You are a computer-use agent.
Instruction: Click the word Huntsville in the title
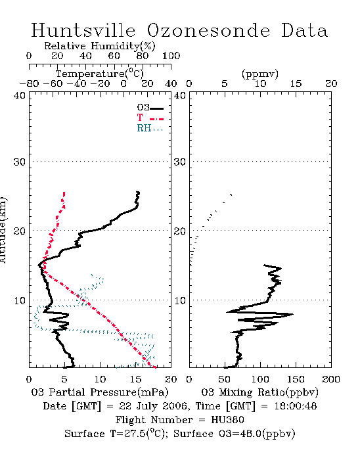83,30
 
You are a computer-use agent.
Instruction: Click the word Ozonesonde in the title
208,30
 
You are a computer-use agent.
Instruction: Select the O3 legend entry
150,108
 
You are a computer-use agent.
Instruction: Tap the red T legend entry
150,118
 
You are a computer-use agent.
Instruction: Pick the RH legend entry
150,128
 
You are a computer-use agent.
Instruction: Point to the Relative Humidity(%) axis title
100,46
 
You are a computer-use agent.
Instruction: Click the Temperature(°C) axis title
100,74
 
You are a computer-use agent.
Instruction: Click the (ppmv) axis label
260,74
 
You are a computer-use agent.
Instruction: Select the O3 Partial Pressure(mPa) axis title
100,392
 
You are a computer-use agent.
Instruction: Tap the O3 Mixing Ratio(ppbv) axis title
259,392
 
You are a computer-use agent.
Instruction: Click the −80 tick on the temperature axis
29,84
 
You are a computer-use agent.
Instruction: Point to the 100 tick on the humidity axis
171,56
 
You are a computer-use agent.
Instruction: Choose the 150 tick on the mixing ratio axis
296,379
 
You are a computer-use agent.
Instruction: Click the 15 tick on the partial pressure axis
135,379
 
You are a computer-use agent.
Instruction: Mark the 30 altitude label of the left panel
19,162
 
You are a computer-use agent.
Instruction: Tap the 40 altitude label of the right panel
180,95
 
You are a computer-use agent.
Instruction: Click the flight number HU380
227,420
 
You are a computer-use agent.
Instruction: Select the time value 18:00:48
296,406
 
